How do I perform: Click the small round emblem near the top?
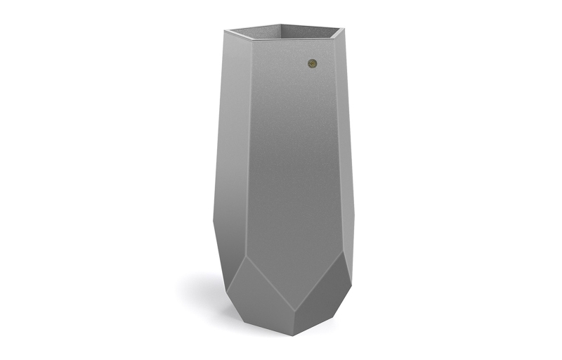coord(313,63)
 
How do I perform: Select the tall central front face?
coord(295,155)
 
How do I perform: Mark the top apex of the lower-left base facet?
coord(247,256)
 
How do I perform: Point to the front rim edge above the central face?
coord(295,39)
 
